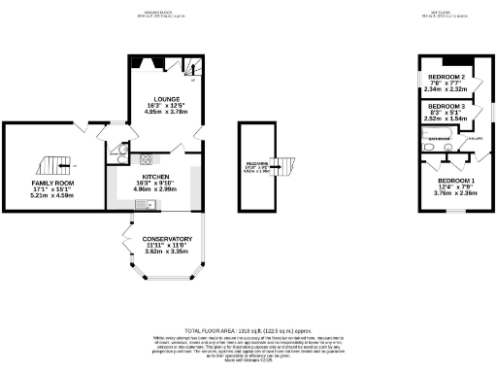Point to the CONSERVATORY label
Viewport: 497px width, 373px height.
coord(167,238)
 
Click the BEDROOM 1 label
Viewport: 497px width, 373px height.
coord(455,181)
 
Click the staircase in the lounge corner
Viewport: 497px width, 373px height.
coord(191,69)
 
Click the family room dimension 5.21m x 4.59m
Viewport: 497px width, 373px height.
coord(52,196)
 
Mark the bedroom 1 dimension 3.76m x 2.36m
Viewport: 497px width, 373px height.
coord(455,193)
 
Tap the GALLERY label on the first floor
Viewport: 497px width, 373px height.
coord(477,140)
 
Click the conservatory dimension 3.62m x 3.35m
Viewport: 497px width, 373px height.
coord(167,252)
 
